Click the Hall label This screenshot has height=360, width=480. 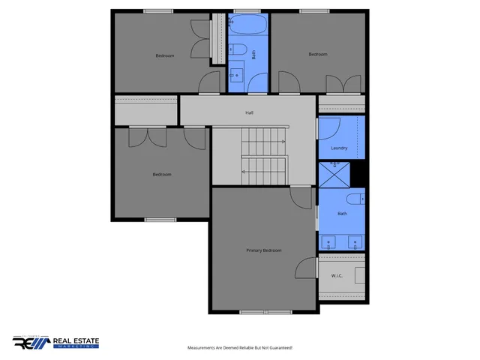tap(248, 113)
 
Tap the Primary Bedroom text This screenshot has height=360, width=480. tap(263, 250)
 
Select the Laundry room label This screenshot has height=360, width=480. tap(339, 148)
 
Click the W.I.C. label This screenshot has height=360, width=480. tap(337, 276)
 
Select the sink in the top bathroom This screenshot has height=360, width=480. tap(236, 75)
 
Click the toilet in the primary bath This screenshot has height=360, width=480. tap(355, 199)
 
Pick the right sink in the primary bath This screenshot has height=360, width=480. tap(354, 242)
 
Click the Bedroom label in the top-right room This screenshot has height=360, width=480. tap(318, 54)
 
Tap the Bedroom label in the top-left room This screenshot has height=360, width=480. tap(165, 55)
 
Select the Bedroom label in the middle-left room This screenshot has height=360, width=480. tap(162, 175)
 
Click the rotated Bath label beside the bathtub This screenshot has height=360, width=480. tap(254, 54)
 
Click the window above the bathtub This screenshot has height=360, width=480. tap(246, 10)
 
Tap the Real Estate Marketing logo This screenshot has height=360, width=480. tap(55, 342)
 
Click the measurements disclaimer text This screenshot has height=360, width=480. tap(239, 348)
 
